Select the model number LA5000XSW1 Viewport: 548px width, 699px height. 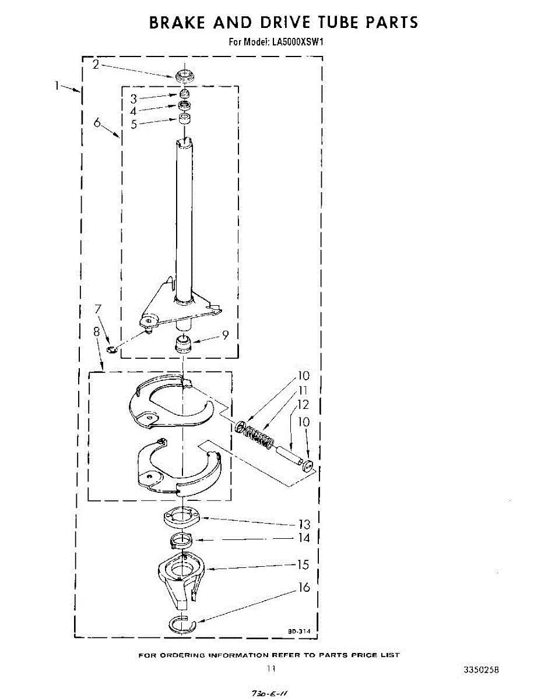tap(297, 42)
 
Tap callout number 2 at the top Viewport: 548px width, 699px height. tap(96, 64)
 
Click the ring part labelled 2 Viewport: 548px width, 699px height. tap(184, 75)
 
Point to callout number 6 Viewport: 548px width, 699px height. tap(97, 122)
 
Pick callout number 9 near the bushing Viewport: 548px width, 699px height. tap(225, 334)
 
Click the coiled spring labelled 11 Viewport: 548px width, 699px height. tap(257, 435)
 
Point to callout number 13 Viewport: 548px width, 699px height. tap(304, 524)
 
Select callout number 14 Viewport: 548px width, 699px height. tap(304, 538)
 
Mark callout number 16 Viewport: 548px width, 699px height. tap(304, 588)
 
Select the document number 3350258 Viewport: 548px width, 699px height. tap(481, 670)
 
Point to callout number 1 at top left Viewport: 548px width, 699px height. tap(57, 85)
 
